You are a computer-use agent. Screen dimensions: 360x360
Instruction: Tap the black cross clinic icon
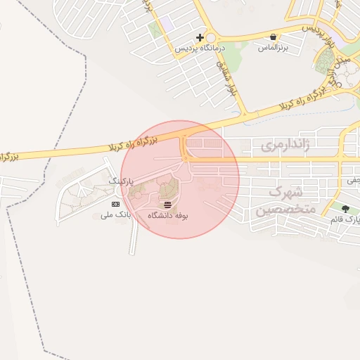tap(200, 37)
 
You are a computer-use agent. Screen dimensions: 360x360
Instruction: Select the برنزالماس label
tap(273, 48)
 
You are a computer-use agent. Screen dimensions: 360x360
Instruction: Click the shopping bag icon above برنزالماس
tap(273, 37)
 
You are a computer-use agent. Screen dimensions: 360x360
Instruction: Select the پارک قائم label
tap(345, 220)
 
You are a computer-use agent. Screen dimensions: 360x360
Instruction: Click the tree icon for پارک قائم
tap(345, 209)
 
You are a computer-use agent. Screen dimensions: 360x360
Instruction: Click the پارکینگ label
tap(120, 181)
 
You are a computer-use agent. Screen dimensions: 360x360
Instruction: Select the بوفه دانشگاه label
tap(167, 216)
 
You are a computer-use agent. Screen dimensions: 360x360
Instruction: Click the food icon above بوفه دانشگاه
tap(167, 205)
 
